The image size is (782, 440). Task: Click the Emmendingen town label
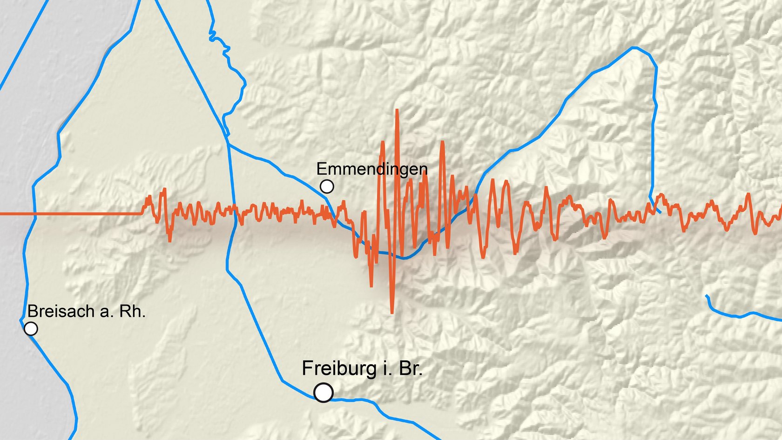[371, 169]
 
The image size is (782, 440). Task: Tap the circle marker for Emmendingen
[327, 187]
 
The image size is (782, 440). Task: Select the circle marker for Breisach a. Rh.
[31, 329]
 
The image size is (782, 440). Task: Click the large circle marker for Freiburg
[324, 392]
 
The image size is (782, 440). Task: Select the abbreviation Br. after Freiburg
[410, 369]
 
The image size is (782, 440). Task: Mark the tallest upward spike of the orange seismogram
[397, 111]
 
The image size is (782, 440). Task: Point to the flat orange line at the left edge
[70, 214]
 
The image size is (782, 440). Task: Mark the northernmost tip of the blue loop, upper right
[636, 47]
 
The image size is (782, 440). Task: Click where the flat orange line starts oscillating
[142, 213]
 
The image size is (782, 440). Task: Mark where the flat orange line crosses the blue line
[34, 214]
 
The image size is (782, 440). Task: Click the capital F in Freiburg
[307, 369]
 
